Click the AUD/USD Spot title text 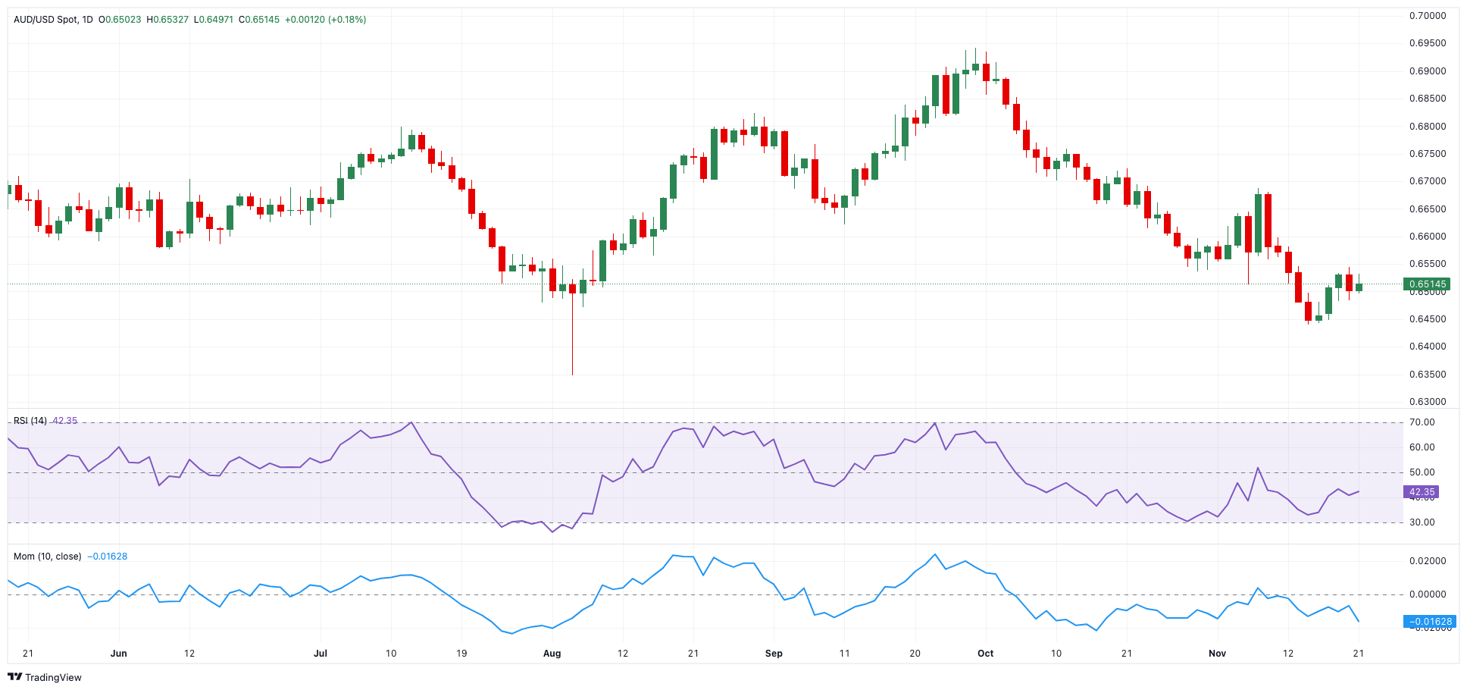pyautogui.click(x=45, y=20)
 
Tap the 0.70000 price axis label pyautogui.click(x=1428, y=16)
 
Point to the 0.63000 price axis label pyautogui.click(x=1428, y=402)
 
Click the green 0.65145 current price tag pyautogui.click(x=1428, y=284)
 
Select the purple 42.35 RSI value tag pyautogui.click(x=1422, y=492)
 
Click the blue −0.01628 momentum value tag pyautogui.click(x=1430, y=622)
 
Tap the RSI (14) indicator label pyautogui.click(x=30, y=421)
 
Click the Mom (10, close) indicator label pyautogui.click(x=47, y=557)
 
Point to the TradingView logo pyautogui.click(x=45, y=677)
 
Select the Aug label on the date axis pyautogui.click(x=552, y=654)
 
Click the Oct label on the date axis pyautogui.click(x=985, y=654)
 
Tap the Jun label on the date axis pyautogui.click(x=118, y=654)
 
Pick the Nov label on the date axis pyautogui.click(x=1217, y=654)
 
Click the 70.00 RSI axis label pyautogui.click(x=1422, y=422)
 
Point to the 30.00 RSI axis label pyautogui.click(x=1422, y=522)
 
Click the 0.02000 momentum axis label pyautogui.click(x=1428, y=561)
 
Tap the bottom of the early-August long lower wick pyautogui.click(x=572, y=374)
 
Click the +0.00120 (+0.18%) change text pyautogui.click(x=325, y=20)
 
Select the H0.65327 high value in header pyautogui.click(x=167, y=20)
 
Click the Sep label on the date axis pyautogui.click(x=774, y=654)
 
